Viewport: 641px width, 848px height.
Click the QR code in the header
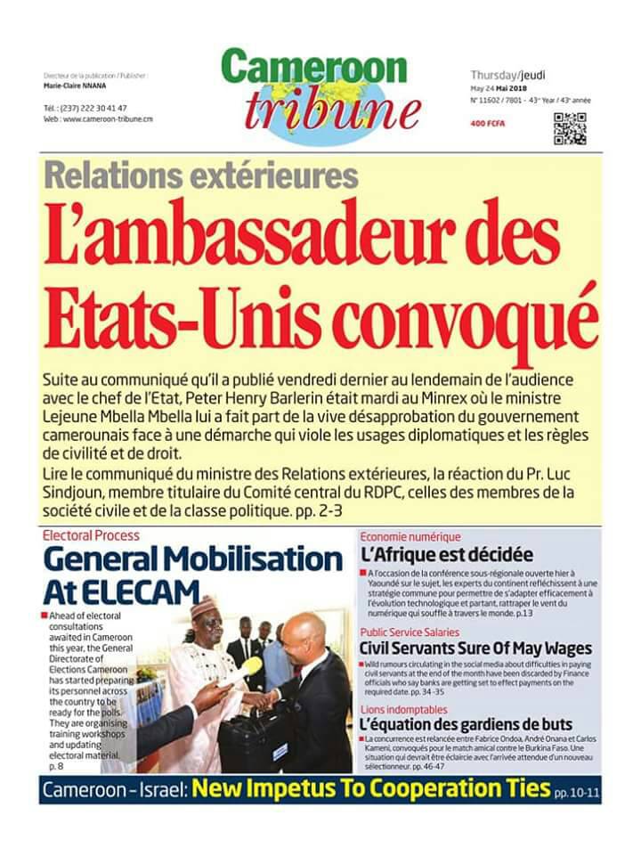570,129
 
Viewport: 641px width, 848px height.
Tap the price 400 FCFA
487,124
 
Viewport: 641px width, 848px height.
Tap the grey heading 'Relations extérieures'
200,174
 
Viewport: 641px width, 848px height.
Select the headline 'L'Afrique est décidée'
447,554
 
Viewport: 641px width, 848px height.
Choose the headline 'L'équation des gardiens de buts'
467,724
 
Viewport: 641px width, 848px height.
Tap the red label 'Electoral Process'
91,536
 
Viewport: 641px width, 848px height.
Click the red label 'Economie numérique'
410,536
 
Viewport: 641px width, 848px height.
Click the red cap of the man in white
203,607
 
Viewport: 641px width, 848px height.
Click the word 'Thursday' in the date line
495,76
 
